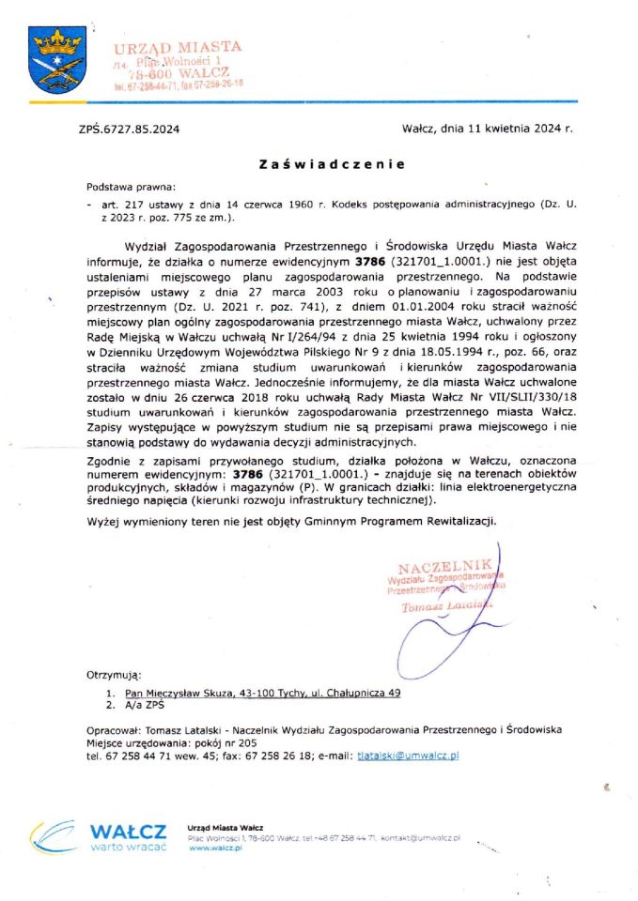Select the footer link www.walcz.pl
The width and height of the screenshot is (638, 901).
coord(215,848)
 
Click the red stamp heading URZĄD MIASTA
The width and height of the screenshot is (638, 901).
coord(179,46)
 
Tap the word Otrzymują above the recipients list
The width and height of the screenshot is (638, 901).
coord(114,674)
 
